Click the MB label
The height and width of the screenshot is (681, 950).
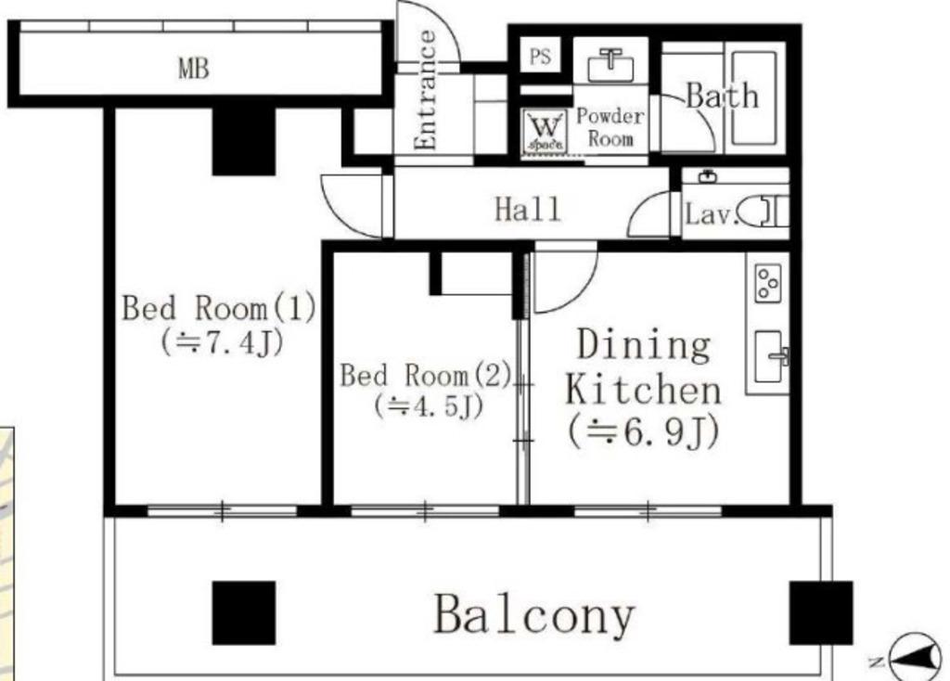coord(194,68)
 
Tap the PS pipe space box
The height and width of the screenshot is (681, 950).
coord(541,56)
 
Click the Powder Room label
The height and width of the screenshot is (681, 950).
coord(610,127)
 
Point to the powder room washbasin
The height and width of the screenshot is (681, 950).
coord(610,64)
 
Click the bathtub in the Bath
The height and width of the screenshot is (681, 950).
coord(754,97)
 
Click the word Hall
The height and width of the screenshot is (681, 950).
coord(528,210)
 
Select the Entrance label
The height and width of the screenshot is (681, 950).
coord(426,90)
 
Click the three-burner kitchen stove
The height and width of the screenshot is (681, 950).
coord(767,282)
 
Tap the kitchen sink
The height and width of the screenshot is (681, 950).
coord(769,356)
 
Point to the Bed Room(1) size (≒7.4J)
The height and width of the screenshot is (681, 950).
coord(222,343)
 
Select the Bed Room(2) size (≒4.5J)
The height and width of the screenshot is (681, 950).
coord(429,406)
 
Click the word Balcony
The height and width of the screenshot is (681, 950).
coord(534,614)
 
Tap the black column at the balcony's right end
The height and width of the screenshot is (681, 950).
coord(821,612)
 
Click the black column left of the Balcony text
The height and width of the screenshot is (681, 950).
coord(244,612)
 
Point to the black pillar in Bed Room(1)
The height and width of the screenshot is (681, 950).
coord(244,142)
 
